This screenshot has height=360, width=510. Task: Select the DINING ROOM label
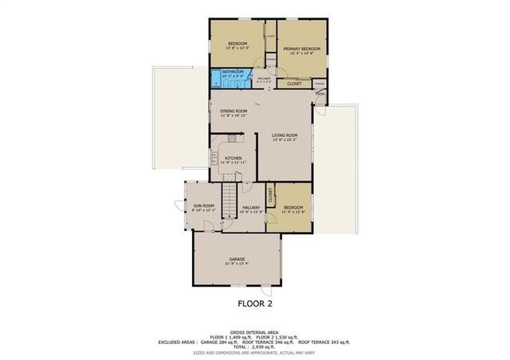click(233, 111)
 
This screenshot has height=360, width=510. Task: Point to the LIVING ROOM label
click(284, 135)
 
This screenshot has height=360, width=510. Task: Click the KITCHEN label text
click(233, 158)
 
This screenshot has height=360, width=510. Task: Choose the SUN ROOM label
click(203, 206)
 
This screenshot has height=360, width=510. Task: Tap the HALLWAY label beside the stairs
click(252, 207)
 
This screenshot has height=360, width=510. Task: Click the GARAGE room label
click(237, 259)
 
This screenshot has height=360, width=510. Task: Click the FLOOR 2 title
click(254, 303)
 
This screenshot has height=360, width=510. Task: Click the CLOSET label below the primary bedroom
click(294, 83)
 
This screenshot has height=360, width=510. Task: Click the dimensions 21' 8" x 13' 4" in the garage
click(237, 264)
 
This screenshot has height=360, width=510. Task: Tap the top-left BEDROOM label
click(237, 43)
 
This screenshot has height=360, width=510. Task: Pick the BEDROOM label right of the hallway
click(292, 207)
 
